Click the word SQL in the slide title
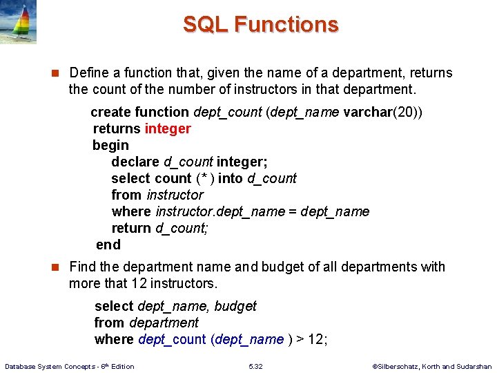tap(206, 25)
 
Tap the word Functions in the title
tap(286, 25)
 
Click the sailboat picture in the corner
tap(19, 22)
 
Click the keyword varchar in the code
tap(367, 112)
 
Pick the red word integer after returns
tap(168, 128)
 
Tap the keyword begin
tap(110, 145)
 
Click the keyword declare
tap(135, 162)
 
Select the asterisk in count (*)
tap(205, 178)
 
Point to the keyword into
tap(230, 178)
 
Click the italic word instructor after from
tap(175, 195)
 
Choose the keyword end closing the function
tap(108, 245)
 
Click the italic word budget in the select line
tap(235, 306)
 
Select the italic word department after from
tap(164, 323)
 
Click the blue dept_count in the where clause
tap(172, 339)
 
